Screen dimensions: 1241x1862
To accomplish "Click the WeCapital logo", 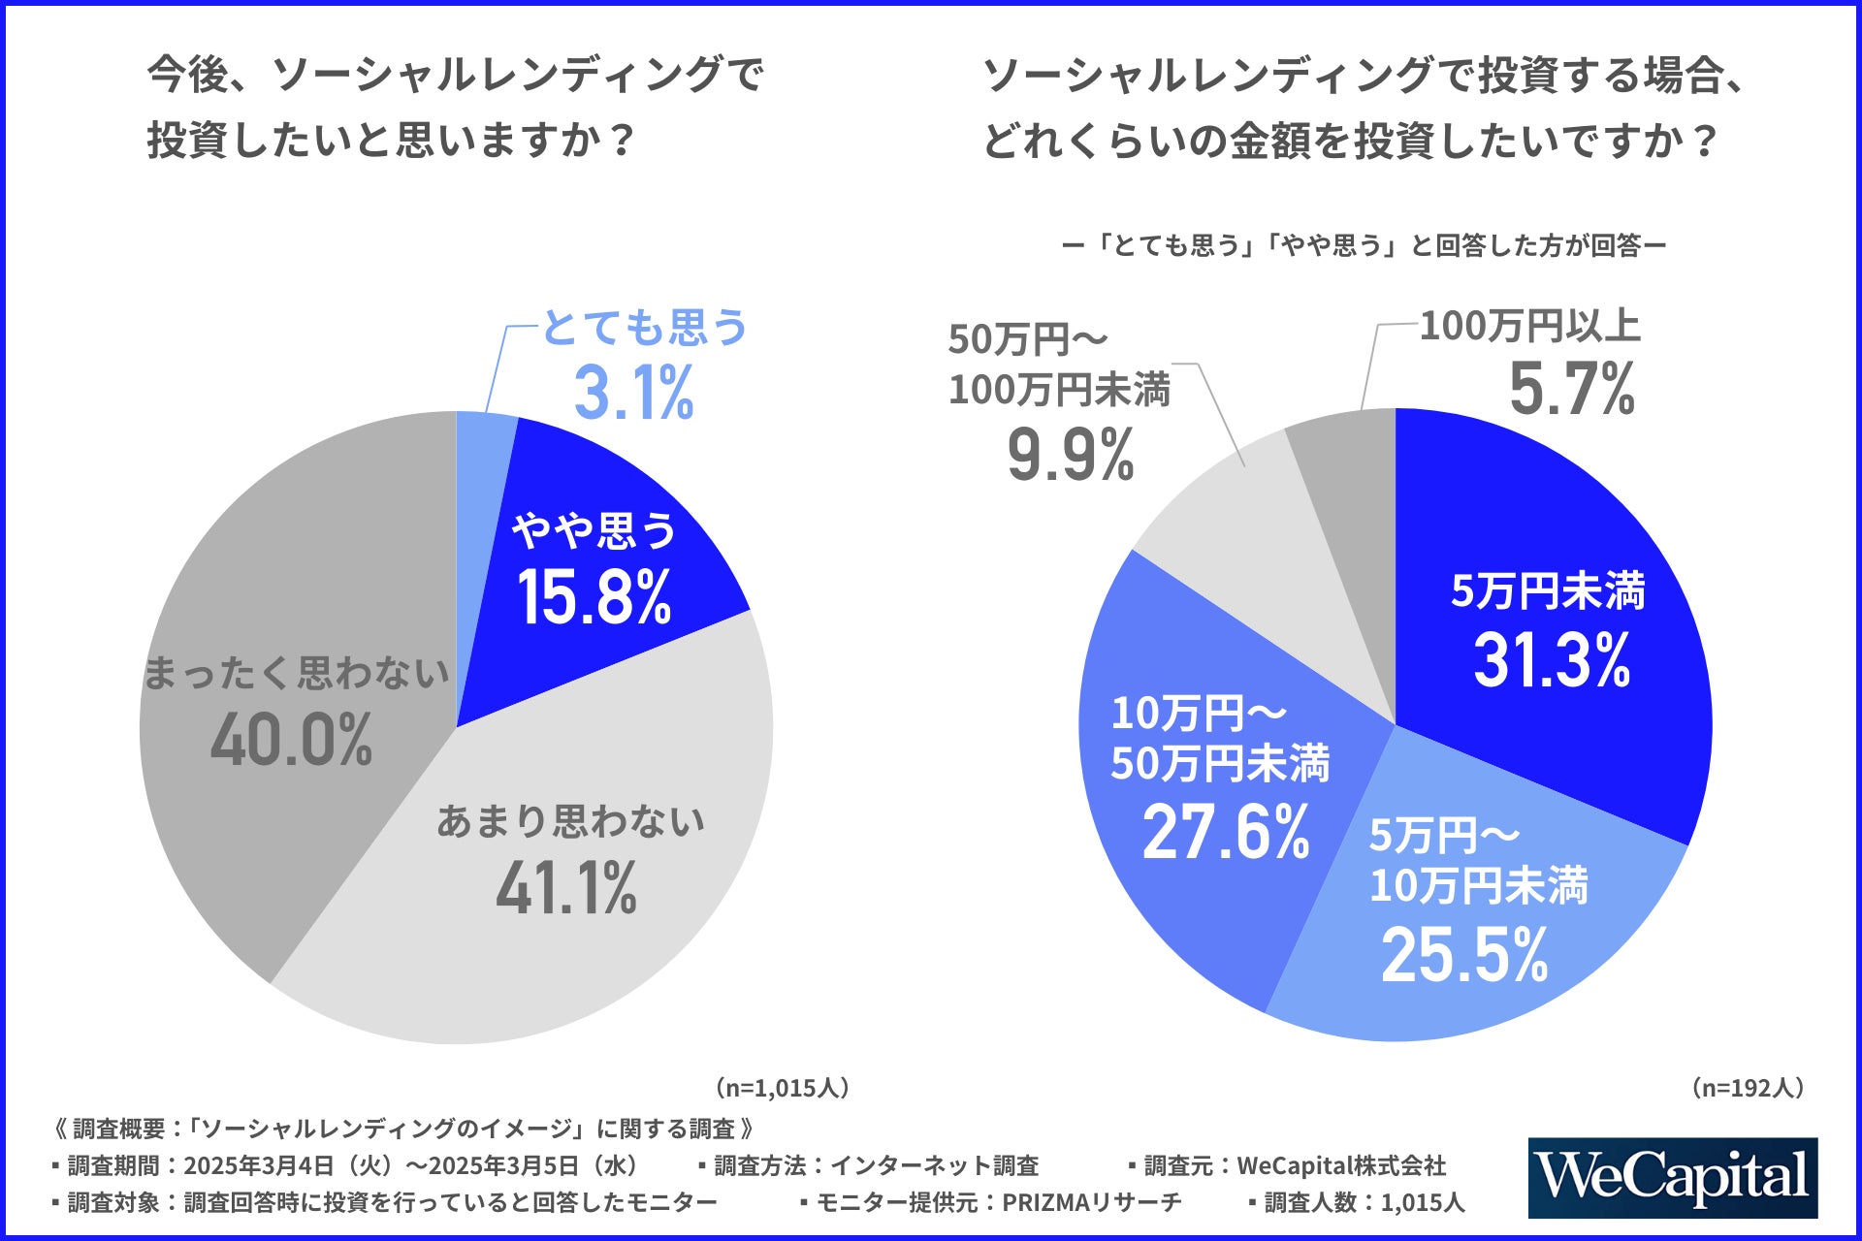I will [1672, 1177].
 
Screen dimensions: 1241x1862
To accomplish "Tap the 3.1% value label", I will [633, 393].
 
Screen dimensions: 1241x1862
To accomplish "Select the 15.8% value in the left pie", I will [594, 596].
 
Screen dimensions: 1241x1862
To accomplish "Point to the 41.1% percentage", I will [566, 887].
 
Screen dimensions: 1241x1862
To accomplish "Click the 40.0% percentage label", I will [291, 740].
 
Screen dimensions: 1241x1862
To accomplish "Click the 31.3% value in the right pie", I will [1552, 660].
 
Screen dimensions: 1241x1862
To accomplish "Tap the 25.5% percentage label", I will [1464, 955].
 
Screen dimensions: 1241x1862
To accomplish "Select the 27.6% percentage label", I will [1226, 832].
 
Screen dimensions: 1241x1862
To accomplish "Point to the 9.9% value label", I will [1071, 455].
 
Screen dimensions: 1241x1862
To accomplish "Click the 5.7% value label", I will [1571, 389].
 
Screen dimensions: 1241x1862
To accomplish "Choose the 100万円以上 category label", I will [1529, 327].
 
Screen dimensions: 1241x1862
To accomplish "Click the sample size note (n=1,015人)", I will [783, 1088].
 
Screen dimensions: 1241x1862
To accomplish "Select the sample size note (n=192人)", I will [1748, 1088].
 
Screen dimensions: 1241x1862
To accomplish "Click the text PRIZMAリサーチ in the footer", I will [1091, 1202].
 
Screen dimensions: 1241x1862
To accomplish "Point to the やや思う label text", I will [594, 530].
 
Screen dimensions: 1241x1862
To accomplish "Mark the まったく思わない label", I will [297, 673].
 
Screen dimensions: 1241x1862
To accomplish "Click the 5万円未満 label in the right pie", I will [1548, 591].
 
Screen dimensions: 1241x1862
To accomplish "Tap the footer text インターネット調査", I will [934, 1165].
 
